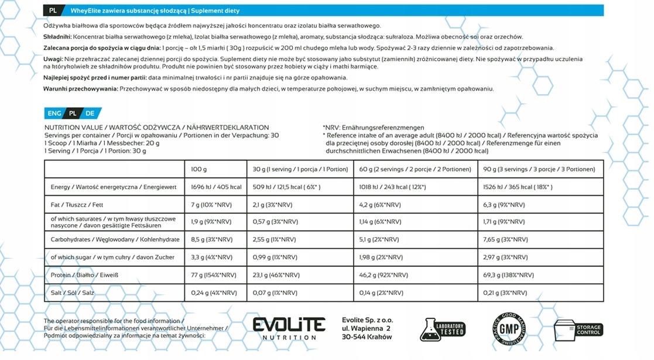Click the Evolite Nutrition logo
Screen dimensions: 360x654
(x=289, y=328)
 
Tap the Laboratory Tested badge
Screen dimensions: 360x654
(x=443, y=329)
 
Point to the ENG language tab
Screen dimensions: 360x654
(x=54, y=114)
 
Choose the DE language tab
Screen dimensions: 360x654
(x=90, y=114)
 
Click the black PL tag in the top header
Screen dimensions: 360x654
(x=53, y=11)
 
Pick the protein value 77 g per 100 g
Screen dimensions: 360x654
(x=214, y=275)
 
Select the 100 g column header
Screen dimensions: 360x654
(x=199, y=169)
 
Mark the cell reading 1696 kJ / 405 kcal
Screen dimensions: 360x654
(x=216, y=187)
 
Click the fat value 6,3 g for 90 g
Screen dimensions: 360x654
(x=504, y=205)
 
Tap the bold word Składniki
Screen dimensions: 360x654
(x=57, y=36)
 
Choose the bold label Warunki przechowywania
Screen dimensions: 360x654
(x=81, y=89)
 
